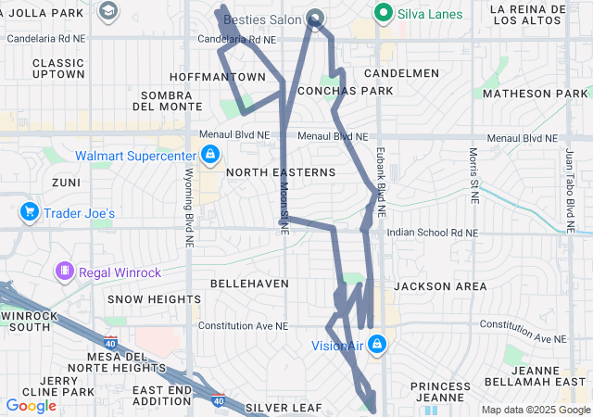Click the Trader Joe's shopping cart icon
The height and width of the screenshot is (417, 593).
click(30, 212)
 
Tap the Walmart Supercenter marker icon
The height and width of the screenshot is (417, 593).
click(210, 155)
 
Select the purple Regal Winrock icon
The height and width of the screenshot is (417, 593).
click(65, 271)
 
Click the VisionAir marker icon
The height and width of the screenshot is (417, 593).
click(376, 347)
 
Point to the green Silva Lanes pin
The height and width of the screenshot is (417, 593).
click(382, 13)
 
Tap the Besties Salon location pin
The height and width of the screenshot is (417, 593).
click(315, 17)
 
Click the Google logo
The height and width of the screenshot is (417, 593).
click(31, 405)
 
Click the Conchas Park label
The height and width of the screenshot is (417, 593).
click(346, 91)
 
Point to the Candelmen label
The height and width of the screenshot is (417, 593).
click(401, 72)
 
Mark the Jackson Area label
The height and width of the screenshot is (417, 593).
click(440, 286)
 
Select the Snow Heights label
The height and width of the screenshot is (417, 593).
click(153, 299)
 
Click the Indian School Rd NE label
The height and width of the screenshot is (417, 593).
click(433, 233)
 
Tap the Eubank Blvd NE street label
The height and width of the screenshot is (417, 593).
click(380, 177)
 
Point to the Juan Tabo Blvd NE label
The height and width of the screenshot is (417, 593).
click(567, 190)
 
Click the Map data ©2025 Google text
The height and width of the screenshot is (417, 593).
click(535, 409)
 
